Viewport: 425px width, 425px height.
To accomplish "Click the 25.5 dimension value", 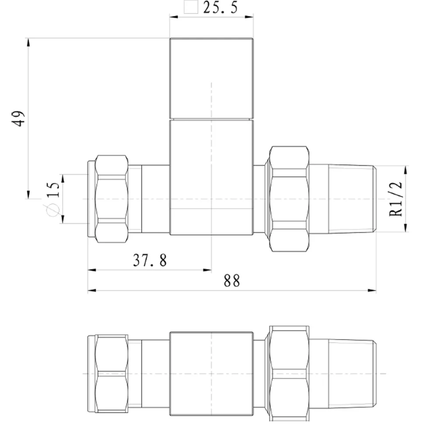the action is click(220, 7).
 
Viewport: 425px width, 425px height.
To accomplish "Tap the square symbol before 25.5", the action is click(191, 7).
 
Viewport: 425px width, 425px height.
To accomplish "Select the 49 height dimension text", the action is click(18, 118).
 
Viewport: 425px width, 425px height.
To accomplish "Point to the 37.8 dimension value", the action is click(150, 260).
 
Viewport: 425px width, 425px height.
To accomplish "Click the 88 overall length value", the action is click(232, 281).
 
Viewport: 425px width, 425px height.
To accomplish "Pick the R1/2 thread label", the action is click(396, 199).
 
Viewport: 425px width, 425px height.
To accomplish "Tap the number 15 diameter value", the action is click(53, 190).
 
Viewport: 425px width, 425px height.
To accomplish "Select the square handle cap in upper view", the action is click(212, 78).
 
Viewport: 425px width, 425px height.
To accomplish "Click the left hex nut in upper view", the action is click(112, 199).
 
